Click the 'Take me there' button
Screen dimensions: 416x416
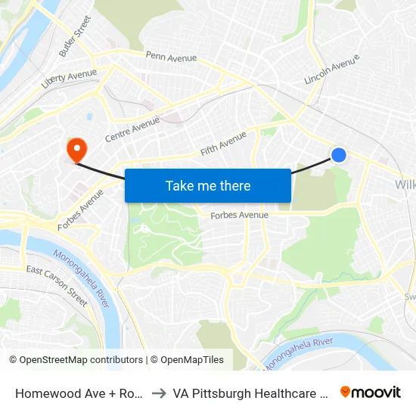pos(208,185)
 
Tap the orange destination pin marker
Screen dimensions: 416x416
pos(76,149)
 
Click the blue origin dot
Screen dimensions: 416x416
pos(339,155)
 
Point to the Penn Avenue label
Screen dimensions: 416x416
pos(171,57)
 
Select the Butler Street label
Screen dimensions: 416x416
pos(75,36)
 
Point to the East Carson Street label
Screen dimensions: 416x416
pos(57,281)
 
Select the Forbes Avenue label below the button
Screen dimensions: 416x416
pos(239,215)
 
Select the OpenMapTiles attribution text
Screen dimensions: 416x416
pos(187,360)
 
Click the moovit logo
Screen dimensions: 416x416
pos(371,392)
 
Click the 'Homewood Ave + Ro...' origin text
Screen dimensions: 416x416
pos(79,393)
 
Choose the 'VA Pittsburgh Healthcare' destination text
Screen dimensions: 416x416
pos(249,393)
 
